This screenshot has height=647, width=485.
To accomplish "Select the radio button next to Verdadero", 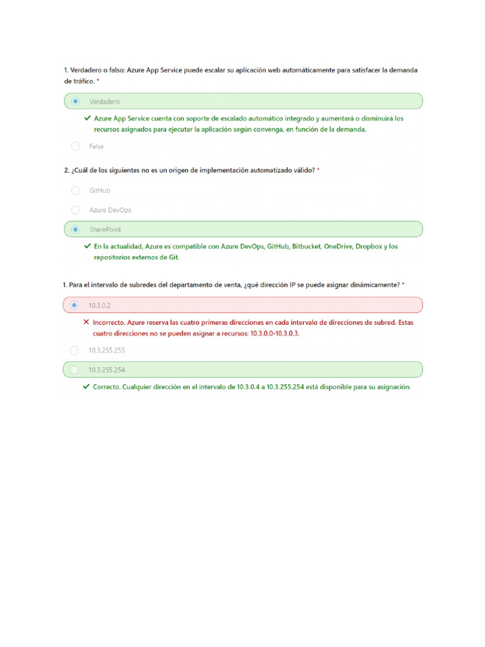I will click(76, 101).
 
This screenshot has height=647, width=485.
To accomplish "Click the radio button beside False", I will click(76, 147).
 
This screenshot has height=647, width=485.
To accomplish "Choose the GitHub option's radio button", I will click(76, 190).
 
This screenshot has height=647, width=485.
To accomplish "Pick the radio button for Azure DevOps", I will click(76, 210).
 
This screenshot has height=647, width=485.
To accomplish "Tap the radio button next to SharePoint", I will click(76, 229).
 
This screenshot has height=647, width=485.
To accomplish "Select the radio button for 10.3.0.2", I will click(75, 305).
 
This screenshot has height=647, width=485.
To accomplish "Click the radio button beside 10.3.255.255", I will click(75, 350).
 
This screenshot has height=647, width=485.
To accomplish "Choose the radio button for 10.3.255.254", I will click(75, 370).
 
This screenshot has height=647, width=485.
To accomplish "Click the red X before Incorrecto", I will click(86, 322).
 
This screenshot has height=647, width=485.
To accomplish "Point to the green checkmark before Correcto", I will click(86, 387).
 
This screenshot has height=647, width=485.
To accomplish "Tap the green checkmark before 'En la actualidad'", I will click(87, 246).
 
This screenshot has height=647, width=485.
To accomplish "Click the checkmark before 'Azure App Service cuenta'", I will click(87, 118).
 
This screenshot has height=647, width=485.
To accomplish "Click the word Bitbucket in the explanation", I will click(306, 246).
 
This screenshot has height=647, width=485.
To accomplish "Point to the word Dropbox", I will click(369, 246).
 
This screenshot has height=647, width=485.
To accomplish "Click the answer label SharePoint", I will click(105, 229).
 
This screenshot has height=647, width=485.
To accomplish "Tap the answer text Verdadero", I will click(105, 101).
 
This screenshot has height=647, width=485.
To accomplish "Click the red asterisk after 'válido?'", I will click(318, 171).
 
